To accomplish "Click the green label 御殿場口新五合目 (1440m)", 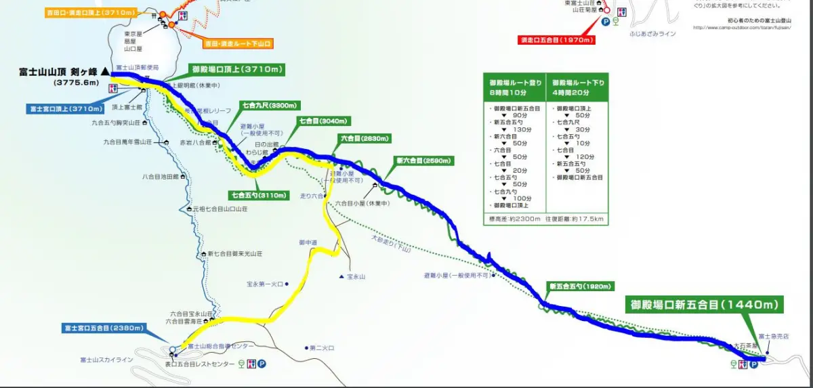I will (x=703, y=305).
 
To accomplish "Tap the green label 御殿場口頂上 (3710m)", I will (x=236, y=69).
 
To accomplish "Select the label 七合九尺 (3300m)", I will (x=270, y=106).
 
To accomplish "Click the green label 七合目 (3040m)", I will (x=323, y=121).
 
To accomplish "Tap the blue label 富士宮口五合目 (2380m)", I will (x=103, y=328).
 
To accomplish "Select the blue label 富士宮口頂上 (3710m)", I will (x=66, y=108).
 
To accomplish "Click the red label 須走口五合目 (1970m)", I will (x=557, y=40).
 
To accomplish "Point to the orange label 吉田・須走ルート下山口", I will (x=238, y=44).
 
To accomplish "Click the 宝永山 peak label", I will (x=356, y=276).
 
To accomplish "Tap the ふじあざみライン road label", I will (x=652, y=33).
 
